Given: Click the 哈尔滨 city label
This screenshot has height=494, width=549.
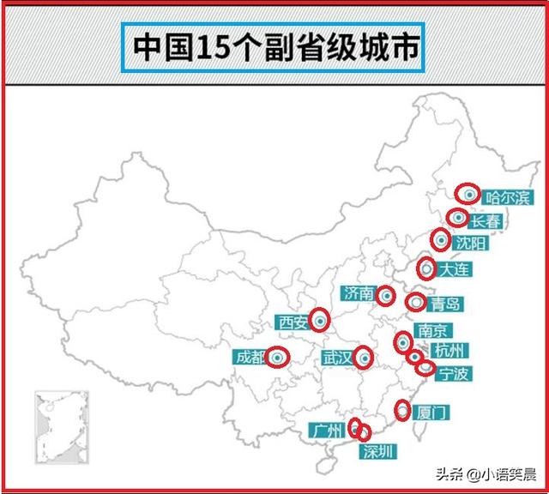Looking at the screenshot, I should coord(508,197).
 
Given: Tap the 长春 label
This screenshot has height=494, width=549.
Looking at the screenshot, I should coord(485,220).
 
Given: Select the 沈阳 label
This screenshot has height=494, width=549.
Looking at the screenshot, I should coord(471,244).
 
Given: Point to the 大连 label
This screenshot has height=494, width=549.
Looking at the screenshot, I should coord(455,269).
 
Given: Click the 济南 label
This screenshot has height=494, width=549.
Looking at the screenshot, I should coord(359,293).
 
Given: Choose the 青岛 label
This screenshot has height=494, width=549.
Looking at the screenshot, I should coord(446,304).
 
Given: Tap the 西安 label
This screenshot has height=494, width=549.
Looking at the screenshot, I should coord(293,322).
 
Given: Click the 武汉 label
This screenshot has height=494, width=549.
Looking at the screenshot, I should coord(337,358).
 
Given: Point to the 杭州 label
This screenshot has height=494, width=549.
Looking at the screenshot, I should coord(449,350).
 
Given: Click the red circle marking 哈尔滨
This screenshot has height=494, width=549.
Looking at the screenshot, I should coord(468,194).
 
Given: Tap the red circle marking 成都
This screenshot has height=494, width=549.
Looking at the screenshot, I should coord(276,357).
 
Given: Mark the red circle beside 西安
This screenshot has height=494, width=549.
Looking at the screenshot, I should coord(320,321).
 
